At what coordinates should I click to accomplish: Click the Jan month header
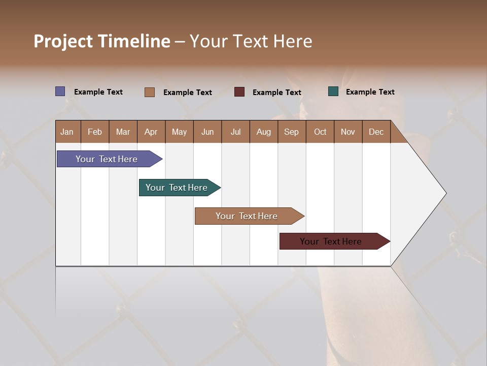pos(67,132)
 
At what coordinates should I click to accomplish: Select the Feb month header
pos(95,132)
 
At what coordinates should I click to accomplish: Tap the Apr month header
pos(151,132)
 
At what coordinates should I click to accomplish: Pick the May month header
pos(179,132)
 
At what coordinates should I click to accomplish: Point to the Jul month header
pos(235,132)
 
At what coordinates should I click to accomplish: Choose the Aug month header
pos(263,132)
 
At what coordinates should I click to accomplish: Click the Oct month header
pos(320,132)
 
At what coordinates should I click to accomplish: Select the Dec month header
pos(376,132)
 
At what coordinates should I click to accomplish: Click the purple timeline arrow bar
pos(107,159)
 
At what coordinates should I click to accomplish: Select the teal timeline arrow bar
pos(177,188)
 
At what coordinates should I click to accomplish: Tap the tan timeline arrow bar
pos(247,216)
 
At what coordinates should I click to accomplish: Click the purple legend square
pos(60,91)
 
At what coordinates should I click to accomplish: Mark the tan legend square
pos(150,92)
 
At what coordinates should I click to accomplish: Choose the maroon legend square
pos(239,92)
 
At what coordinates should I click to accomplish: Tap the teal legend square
pos(333,91)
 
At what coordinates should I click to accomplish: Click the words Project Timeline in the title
pos(102,41)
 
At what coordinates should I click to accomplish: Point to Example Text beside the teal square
pos(370,92)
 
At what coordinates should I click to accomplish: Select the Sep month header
pos(291,132)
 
